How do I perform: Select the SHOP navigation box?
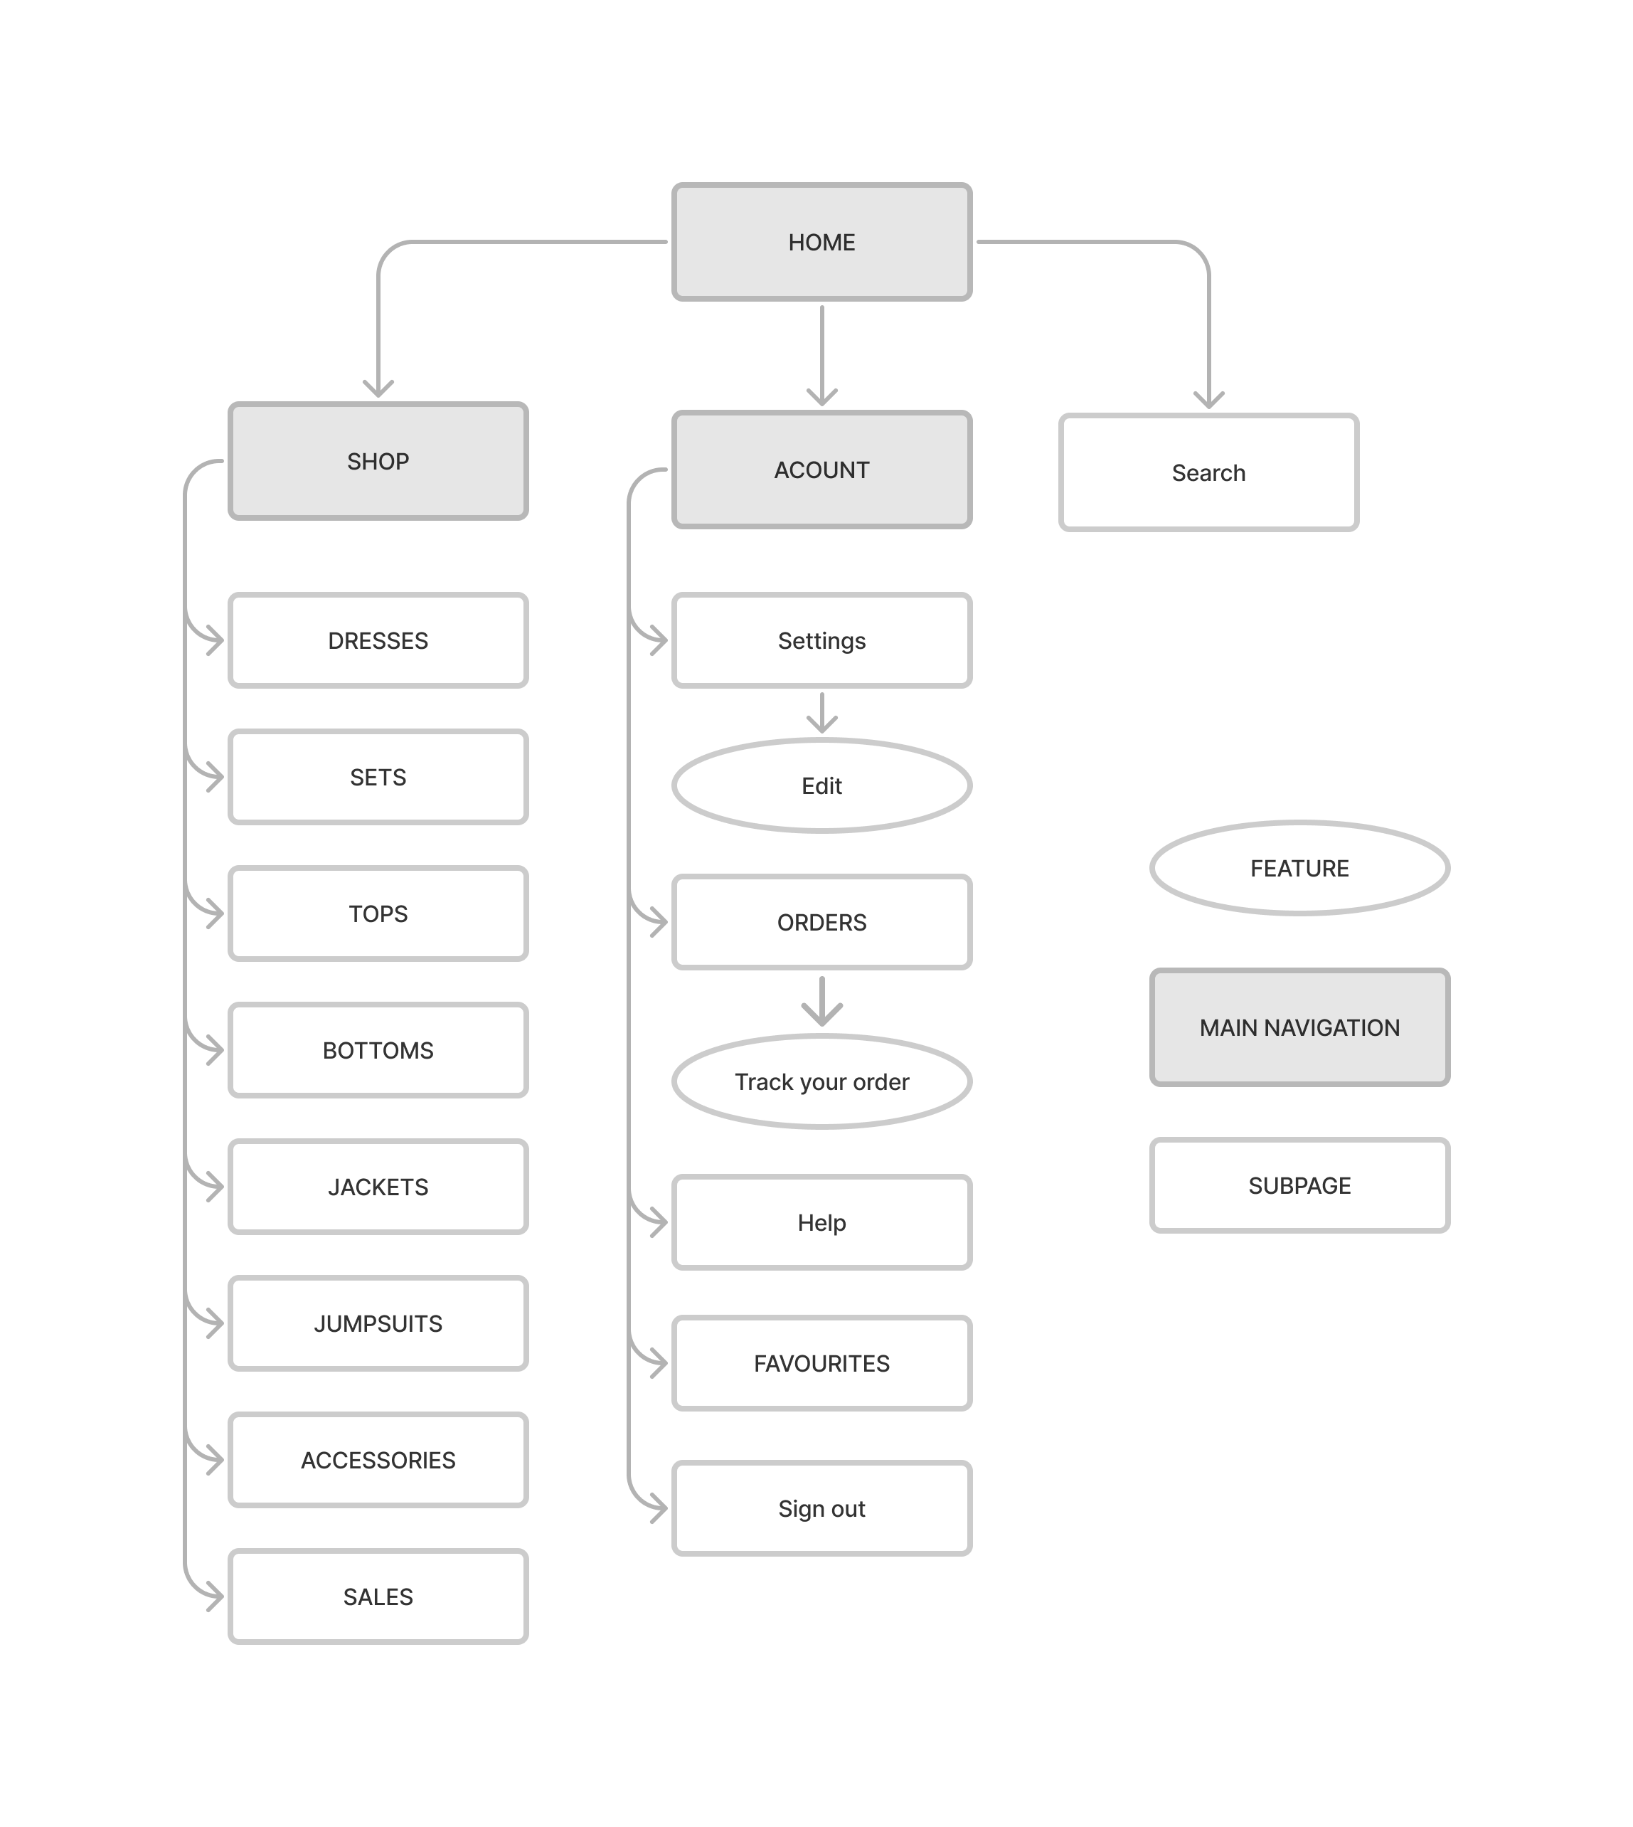(x=378, y=461)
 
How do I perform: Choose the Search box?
(x=1208, y=473)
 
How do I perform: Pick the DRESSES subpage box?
(x=378, y=641)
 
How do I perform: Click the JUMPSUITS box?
(x=378, y=1323)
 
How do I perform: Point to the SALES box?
(x=378, y=1596)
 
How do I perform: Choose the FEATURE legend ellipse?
(x=1299, y=868)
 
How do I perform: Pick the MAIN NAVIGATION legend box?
(x=1299, y=1027)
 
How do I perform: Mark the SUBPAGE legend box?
(x=1299, y=1185)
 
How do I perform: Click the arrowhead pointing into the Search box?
(x=1208, y=398)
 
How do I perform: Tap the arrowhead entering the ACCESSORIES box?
(x=213, y=1459)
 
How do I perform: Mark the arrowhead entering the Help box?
(x=658, y=1222)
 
